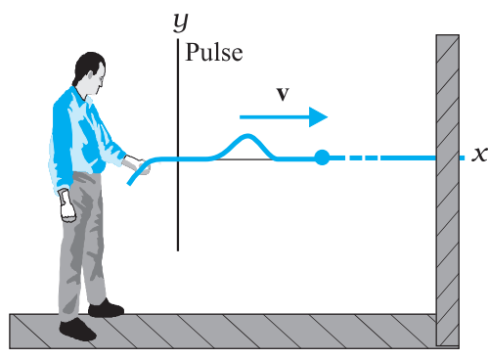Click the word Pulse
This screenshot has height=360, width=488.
[214, 53]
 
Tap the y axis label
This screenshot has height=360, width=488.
[181, 22]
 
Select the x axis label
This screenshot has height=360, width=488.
[479, 155]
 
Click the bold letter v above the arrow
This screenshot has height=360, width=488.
[283, 94]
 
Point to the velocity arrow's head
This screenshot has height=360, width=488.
[318, 117]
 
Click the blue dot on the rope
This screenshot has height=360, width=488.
[322, 157]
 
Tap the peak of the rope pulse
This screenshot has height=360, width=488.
[247, 136]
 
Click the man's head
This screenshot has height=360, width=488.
[91, 73]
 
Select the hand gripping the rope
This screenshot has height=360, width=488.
[136, 164]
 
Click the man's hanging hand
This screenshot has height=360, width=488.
[67, 206]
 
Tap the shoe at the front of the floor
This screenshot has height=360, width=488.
[77, 330]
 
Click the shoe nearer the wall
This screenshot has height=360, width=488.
[107, 308]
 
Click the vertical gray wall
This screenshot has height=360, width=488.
[448, 190]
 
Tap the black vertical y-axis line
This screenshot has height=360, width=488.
[178, 145]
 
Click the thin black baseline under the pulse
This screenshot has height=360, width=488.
[244, 159]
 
